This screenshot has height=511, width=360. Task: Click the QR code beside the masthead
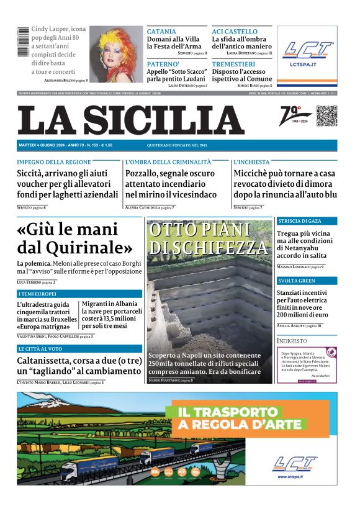click(326, 115)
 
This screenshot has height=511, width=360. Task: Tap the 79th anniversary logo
click(295, 116)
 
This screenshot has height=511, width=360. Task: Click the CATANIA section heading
click(161, 32)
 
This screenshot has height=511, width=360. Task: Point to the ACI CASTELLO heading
click(235, 32)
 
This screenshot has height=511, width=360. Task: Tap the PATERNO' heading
click(163, 64)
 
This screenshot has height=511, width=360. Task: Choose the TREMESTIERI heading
click(233, 64)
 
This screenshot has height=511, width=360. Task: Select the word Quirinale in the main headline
click(91, 247)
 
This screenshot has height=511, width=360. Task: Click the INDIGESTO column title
click(292, 341)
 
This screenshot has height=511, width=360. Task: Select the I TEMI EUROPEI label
click(37, 294)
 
